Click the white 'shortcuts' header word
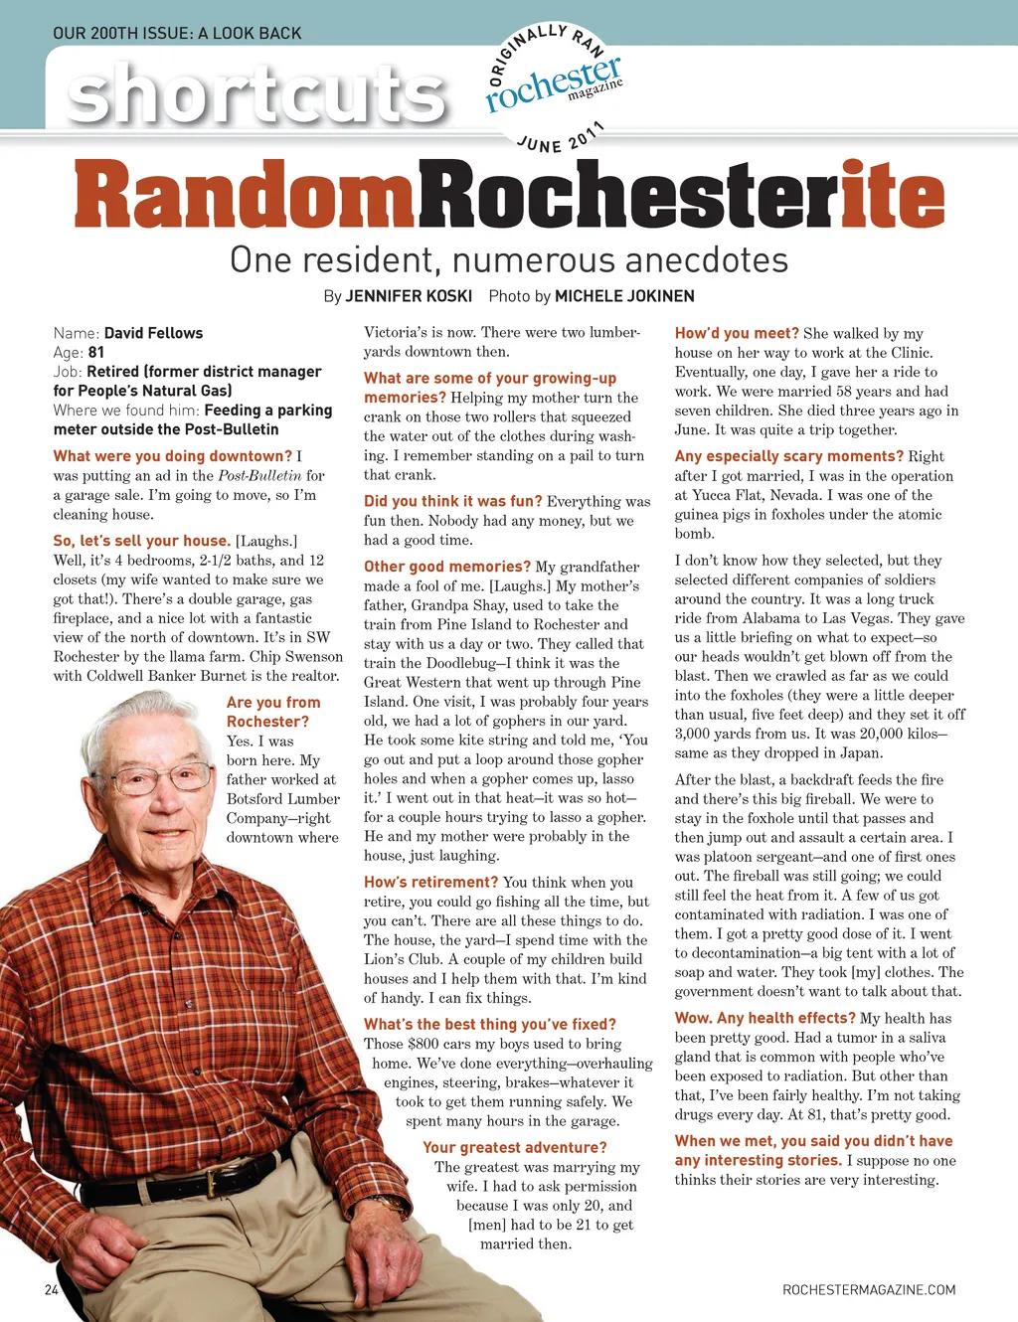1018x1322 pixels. [x=256, y=93]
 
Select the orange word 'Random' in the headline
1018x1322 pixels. [x=246, y=198]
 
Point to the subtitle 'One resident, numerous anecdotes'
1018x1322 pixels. [x=509, y=259]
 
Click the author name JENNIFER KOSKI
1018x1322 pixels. [x=409, y=296]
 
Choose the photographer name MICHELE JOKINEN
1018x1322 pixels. [x=624, y=296]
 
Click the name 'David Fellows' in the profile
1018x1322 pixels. [x=153, y=333]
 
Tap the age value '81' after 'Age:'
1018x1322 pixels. [x=95, y=352]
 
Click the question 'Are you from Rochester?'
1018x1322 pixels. [x=272, y=712]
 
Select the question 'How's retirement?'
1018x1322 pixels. [x=430, y=882]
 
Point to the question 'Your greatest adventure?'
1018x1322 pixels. [x=514, y=1147]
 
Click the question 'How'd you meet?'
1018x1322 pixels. [x=737, y=334]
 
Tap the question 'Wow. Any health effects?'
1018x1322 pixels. [x=764, y=1018]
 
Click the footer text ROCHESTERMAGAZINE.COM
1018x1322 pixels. [x=869, y=1289]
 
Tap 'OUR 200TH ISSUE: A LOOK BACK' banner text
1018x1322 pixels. [x=177, y=33]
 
